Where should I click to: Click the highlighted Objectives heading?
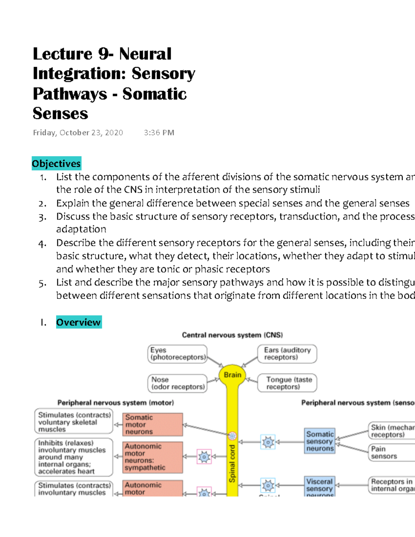(x=56, y=164)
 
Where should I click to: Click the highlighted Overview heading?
(x=79, y=322)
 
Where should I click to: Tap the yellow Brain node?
(x=232, y=375)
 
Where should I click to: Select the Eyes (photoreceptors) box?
(x=177, y=354)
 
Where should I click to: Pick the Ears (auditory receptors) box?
(x=287, y=354)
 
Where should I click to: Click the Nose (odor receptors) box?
(x=177, y=383)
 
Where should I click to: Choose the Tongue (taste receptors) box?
(x=287, y=383)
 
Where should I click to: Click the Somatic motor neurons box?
(x=153, y=424)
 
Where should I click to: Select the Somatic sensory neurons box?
(x=320, y=441)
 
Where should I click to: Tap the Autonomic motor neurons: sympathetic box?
(x=153, y=457)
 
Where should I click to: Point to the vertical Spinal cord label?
(x=232, y=463)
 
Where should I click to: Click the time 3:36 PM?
(x=159, y=133)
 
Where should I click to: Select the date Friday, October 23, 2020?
(x=78, y=133)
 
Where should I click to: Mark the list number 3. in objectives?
(x=42, y=217)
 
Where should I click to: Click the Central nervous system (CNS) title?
(x=232, y=335)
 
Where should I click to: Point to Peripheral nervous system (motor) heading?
(x=116, y=402)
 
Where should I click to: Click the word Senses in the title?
(x=61, y=113)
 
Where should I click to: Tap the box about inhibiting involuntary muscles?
(x=74, y=457)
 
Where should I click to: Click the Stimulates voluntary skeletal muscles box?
(x=74, y=422)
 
